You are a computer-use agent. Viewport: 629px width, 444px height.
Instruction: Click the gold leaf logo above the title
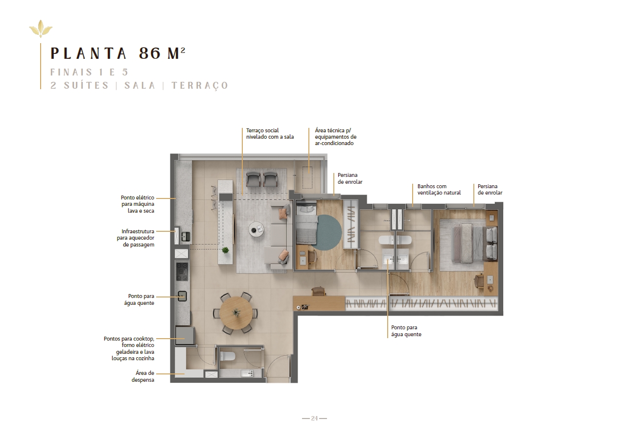click(41, 29)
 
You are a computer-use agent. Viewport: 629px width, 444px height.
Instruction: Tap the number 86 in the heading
click(150, 53)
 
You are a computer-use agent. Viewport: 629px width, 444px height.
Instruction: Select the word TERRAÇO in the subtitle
click(200, 85)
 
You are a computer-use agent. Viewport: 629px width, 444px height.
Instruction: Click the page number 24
click(314, 418)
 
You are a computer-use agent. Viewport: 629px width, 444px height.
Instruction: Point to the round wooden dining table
click(236, 313)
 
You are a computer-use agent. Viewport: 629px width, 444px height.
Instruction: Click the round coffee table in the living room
click(256, 230)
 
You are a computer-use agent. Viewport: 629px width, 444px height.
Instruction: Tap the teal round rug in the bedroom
click(326, 233)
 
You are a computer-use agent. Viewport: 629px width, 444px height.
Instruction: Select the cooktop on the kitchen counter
click(182, 271)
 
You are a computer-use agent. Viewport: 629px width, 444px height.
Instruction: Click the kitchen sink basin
click(182, 296)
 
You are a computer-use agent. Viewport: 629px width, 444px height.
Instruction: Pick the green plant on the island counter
click(225, 250)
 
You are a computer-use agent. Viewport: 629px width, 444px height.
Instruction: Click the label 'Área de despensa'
click(143, 376)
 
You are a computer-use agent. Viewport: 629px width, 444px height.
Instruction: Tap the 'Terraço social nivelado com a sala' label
click(270, 134)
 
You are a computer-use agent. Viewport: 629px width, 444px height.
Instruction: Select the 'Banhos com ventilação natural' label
click(439, 189)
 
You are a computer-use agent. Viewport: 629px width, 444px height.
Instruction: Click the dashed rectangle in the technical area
click(307, 177)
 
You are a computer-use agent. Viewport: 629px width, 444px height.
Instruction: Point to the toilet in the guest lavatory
click(228, 356)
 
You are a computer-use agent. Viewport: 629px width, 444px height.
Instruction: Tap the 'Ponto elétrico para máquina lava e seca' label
click(138, 204)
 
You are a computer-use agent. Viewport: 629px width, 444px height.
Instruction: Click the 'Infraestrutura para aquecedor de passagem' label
click(136, 238)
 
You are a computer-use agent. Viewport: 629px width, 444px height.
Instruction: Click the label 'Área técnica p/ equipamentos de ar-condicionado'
click(336, 137)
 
